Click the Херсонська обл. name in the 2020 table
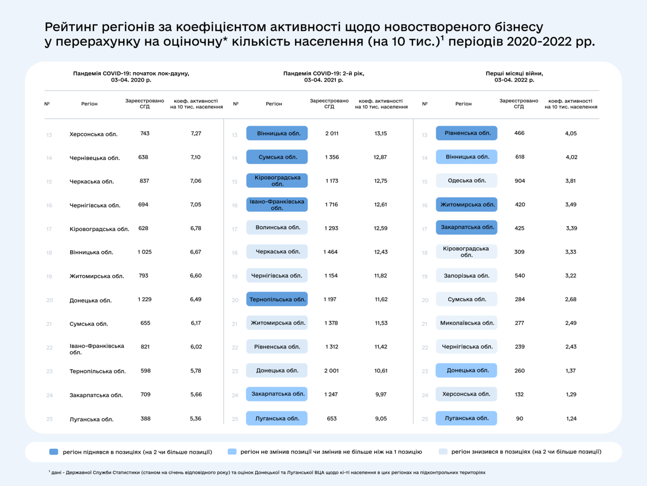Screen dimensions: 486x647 (x=93, y=134)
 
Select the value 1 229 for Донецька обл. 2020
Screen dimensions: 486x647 (x=145, y=299)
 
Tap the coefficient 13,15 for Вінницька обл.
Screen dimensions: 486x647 (x=380, y=133)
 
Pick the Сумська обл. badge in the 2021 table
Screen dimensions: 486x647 (x=277, y=157)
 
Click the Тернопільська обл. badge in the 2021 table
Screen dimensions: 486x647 (x=277, y=300)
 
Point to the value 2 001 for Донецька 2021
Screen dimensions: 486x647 (x=331, y=370)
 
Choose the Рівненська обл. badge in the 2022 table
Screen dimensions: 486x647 (x=467, y=133)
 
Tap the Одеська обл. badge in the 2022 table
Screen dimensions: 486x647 (x=467, y=181)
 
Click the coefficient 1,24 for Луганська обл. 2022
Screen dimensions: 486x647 (x=571, y=418)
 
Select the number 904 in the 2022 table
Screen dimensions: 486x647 (x=519, y=181)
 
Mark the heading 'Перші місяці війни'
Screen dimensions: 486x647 (x=514, y=73)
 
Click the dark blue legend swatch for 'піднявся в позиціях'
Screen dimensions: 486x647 (x=54, y=452)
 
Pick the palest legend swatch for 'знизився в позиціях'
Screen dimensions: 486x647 (x=443, y=452)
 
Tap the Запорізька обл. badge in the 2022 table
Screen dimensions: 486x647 (x=467, y=276)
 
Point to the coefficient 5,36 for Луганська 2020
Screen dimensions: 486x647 (x=195, y=418)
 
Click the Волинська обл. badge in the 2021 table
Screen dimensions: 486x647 (x=277, y=227)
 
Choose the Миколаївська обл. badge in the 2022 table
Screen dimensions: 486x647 (x=467, y=323)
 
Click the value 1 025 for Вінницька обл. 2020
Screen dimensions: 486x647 (x=145, y=252)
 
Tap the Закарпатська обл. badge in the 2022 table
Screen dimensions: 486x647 (x=467, y=227)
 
